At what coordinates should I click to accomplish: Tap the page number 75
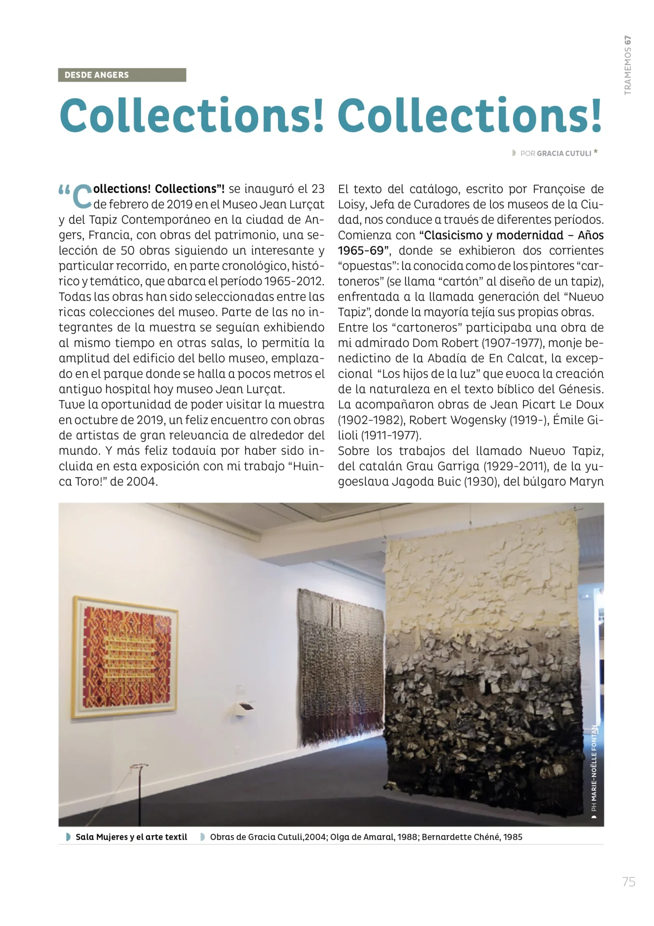(x=628, y=882)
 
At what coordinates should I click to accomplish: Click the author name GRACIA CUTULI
(x=563, y=153)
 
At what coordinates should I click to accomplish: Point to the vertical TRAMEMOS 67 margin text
(x=627, y=65)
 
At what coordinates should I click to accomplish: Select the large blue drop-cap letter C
(x=83, y=196)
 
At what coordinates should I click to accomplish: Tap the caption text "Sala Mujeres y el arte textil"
(x=131, y=837)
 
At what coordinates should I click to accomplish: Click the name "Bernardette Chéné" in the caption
(x=460, y=837)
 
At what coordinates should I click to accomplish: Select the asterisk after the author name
(x=596, y=152)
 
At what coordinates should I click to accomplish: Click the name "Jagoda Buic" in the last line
(x=426, y=482)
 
